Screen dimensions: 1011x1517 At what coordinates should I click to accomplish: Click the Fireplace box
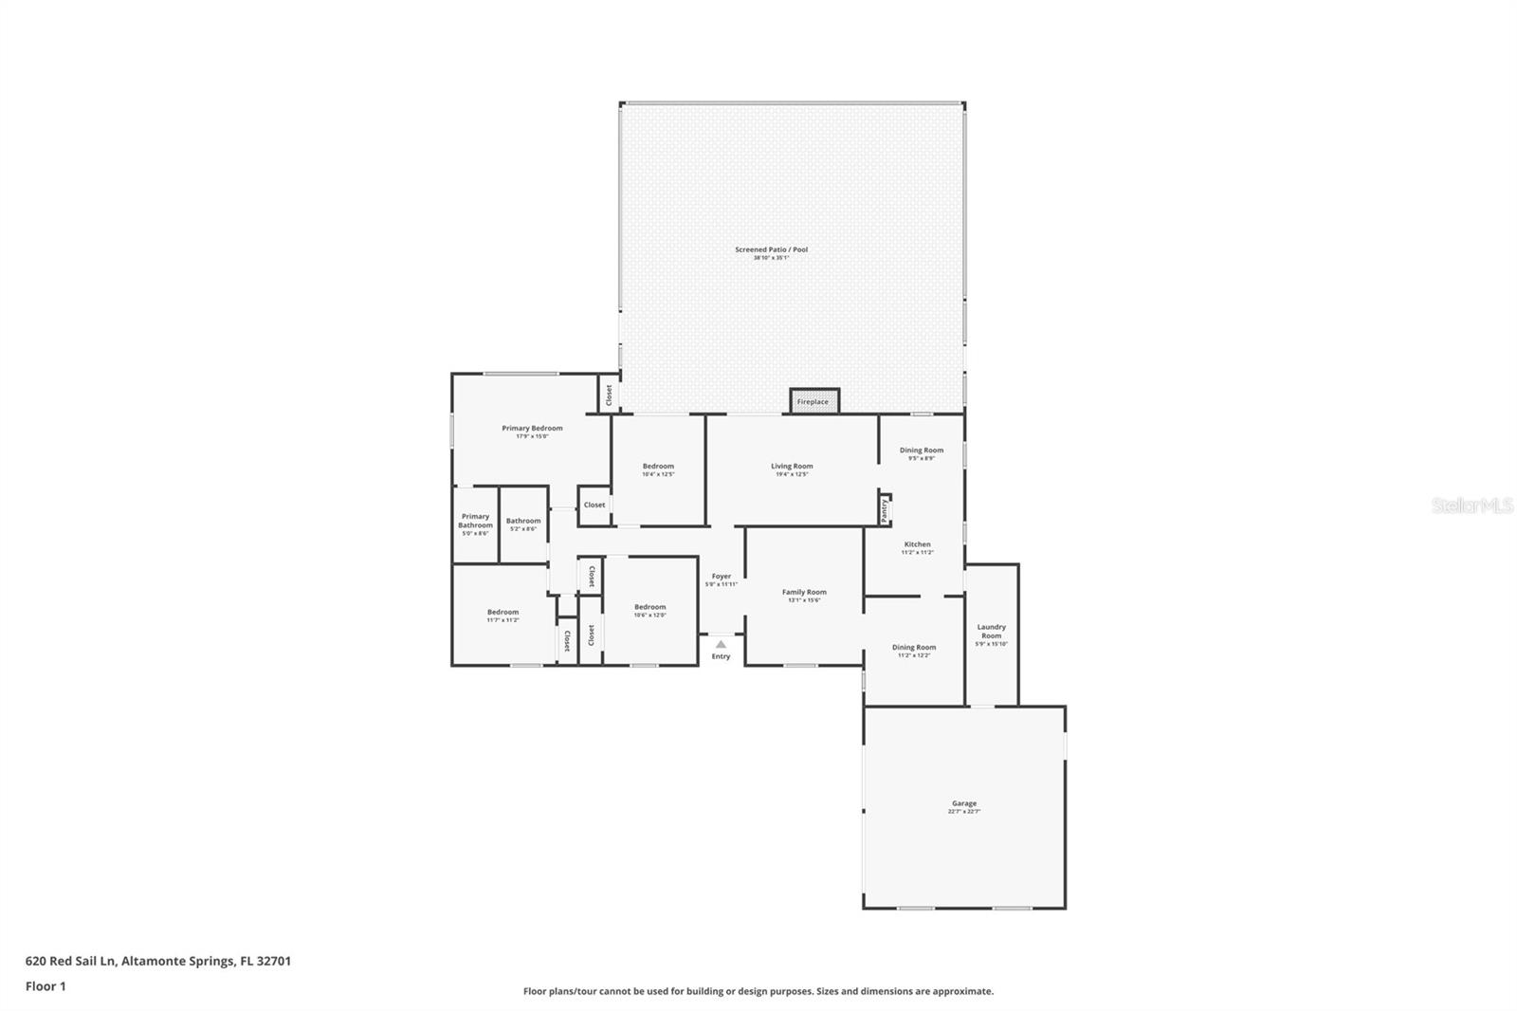pos(814,401)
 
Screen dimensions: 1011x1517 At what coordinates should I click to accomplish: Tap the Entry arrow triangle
pos(721,644)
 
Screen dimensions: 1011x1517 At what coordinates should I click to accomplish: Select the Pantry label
pos(885,510)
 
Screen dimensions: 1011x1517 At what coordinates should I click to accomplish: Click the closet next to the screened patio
pos(608,394)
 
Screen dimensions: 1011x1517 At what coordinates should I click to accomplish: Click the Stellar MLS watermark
pos(1471,505)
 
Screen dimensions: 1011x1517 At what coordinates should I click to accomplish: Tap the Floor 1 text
pos(46,986)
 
